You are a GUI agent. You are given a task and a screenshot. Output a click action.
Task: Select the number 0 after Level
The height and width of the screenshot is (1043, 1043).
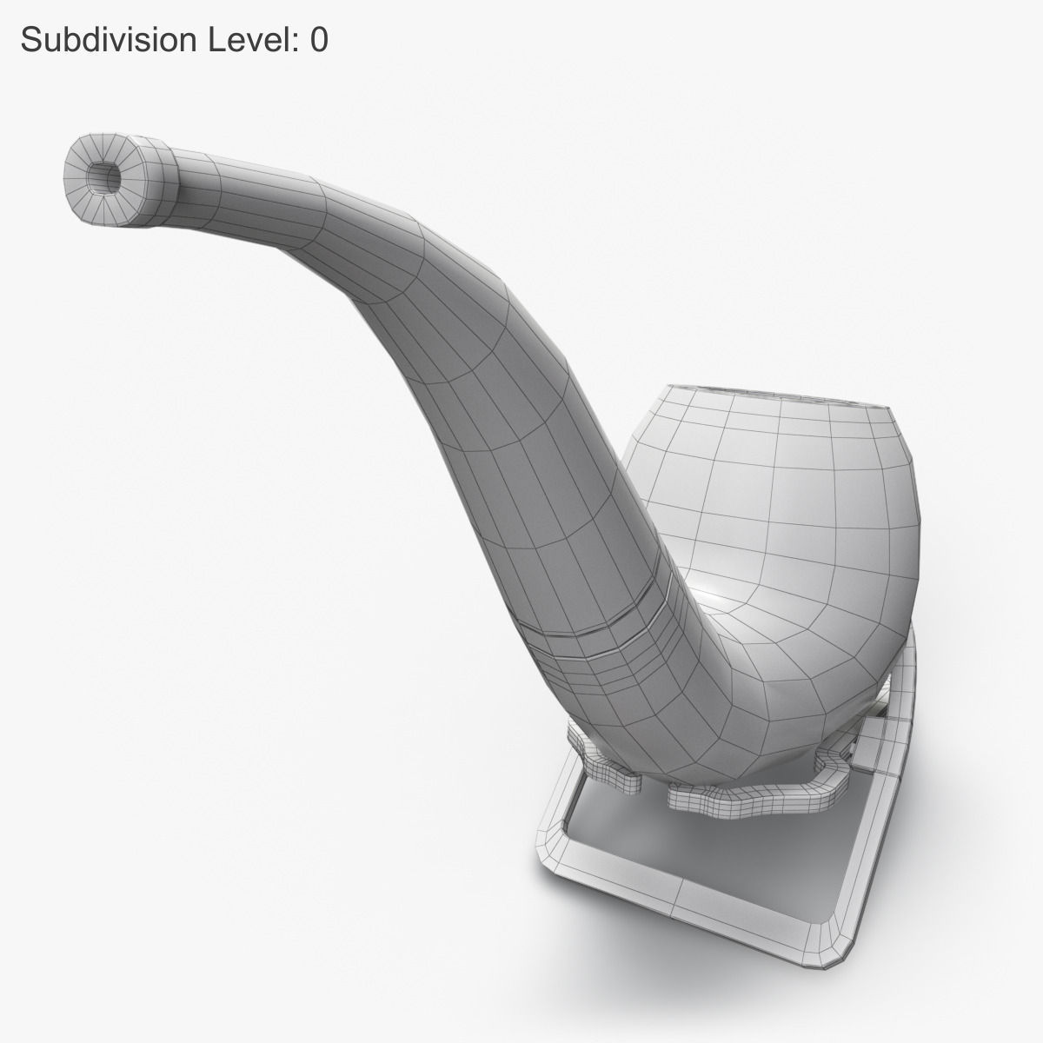coord(319,39)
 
